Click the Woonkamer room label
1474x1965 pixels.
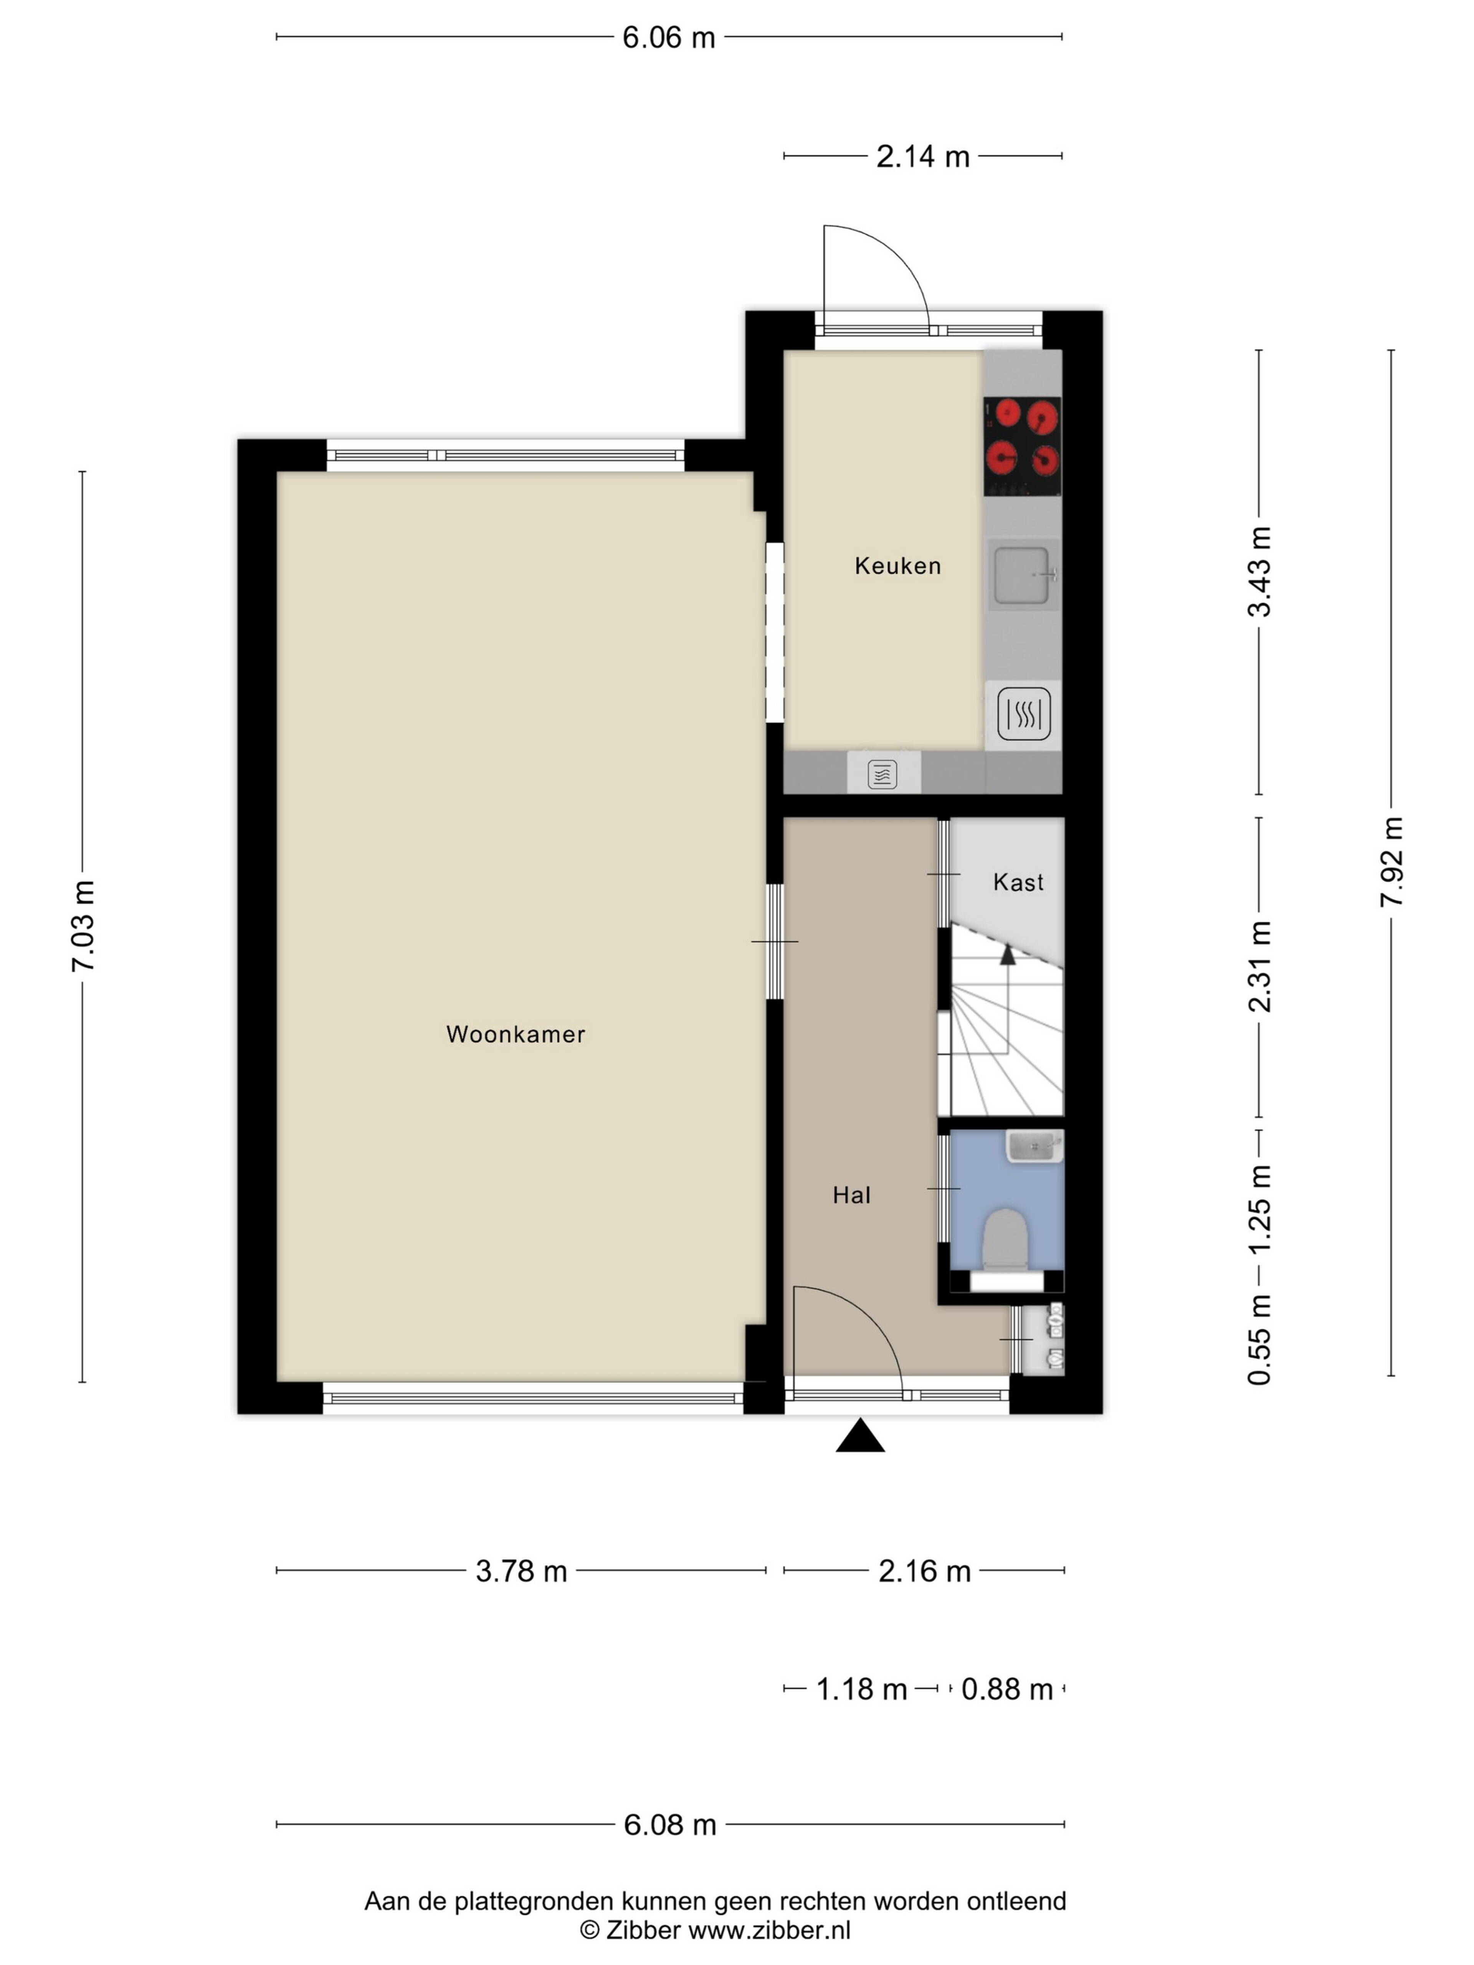pyautogui.click(x=515, y=1034)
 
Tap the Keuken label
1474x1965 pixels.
pyautogui.click(x=897, y=566)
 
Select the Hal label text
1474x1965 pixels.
pyautogui.click(x=851, y=1195)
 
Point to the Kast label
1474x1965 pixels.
pyautogui.click(x=1018, y=882)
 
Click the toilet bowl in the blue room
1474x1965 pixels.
pyautogui.click(x=1006, y=1237)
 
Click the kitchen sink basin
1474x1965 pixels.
pyautogui.click(x=1022, y=575)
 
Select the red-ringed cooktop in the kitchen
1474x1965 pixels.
pyautogui.click(x=1022, y=446)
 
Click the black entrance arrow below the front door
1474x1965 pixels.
pyautogui.click(x=860, y=1437)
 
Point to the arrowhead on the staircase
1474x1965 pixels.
pyautogui.click(x=1008, y=955)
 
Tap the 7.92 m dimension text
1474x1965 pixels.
pyautogui.click(x=1391, y=862)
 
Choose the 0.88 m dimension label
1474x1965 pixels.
pyautogui.click(x=1006, y=1689)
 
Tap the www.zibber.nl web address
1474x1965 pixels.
pyautogui.click(x=769, y=1930)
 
